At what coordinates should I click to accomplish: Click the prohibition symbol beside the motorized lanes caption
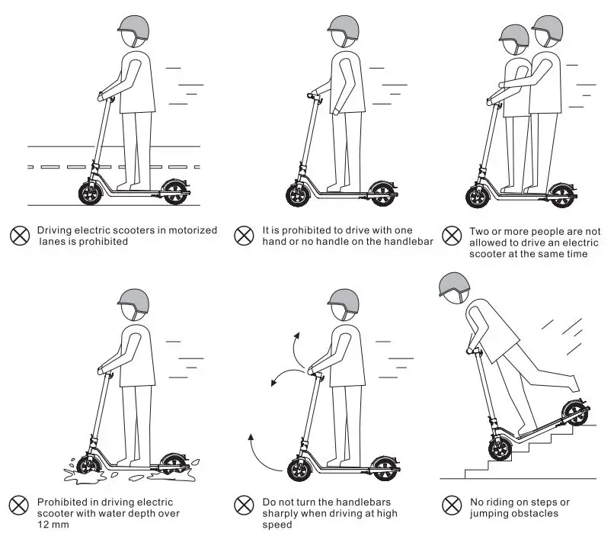point(19,235)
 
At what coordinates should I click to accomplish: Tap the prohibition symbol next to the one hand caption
point(244,235)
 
